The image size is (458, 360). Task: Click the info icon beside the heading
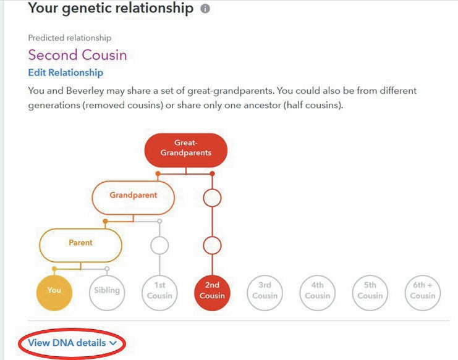pyautogui.click(x=205, y=9)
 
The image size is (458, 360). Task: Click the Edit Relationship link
pyautogui.click(x=66, y=73)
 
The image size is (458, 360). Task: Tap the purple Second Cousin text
pyautogui.click(x=77, y=55)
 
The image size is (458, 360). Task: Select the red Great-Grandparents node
pyautogui.click(x=186, y=150)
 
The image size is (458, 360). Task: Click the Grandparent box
pyautogui.click(x=133, y=198)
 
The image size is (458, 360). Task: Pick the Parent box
pyautogui.click(x=80, y=245)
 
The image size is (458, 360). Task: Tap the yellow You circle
pyautogui.click(x=54, y=293)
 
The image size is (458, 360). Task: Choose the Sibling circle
pyautogui.click(x=107, y=293)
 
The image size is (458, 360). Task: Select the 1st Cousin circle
pyautogui.click(x=159, y=293)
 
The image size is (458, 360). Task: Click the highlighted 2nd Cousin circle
pyautogui.click(x=212, y=293)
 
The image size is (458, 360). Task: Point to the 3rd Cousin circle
pyautogui.click(x=265, y=293)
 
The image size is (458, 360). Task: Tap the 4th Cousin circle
pyautogui.click(x=317, y=293)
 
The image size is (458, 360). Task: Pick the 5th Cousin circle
pyautogui.click(x=370, y=293)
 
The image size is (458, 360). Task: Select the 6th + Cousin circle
pyautogui.click(x=423, y=293)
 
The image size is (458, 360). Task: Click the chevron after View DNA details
pyautogui.click(x=113, y=343)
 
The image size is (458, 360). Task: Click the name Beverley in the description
pyautogui.click(x=85, y=91)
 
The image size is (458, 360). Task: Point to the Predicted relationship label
pyautogui.click(x=69, y=38)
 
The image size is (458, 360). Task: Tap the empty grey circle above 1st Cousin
pyautogui.click(x=159, y=245)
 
